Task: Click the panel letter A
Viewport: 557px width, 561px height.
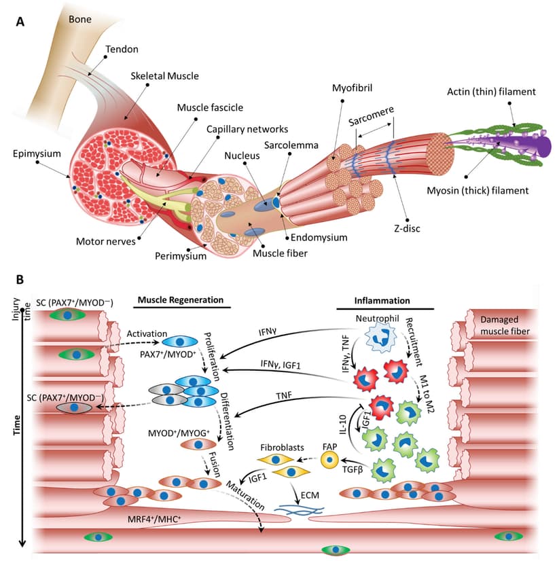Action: [20, 21]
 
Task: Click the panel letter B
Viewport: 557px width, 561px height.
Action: [20, 279]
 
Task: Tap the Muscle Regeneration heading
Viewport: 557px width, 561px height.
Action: [181, 300]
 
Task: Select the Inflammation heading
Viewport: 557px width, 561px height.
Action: [382, 300]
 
